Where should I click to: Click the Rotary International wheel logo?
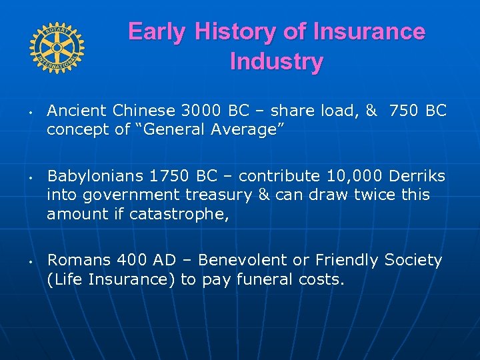[x=57, y=47]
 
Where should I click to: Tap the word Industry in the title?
[x=276, y=61]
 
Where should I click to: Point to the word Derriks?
[x=418, y=177]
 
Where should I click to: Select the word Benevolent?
[x=235, y=260]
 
